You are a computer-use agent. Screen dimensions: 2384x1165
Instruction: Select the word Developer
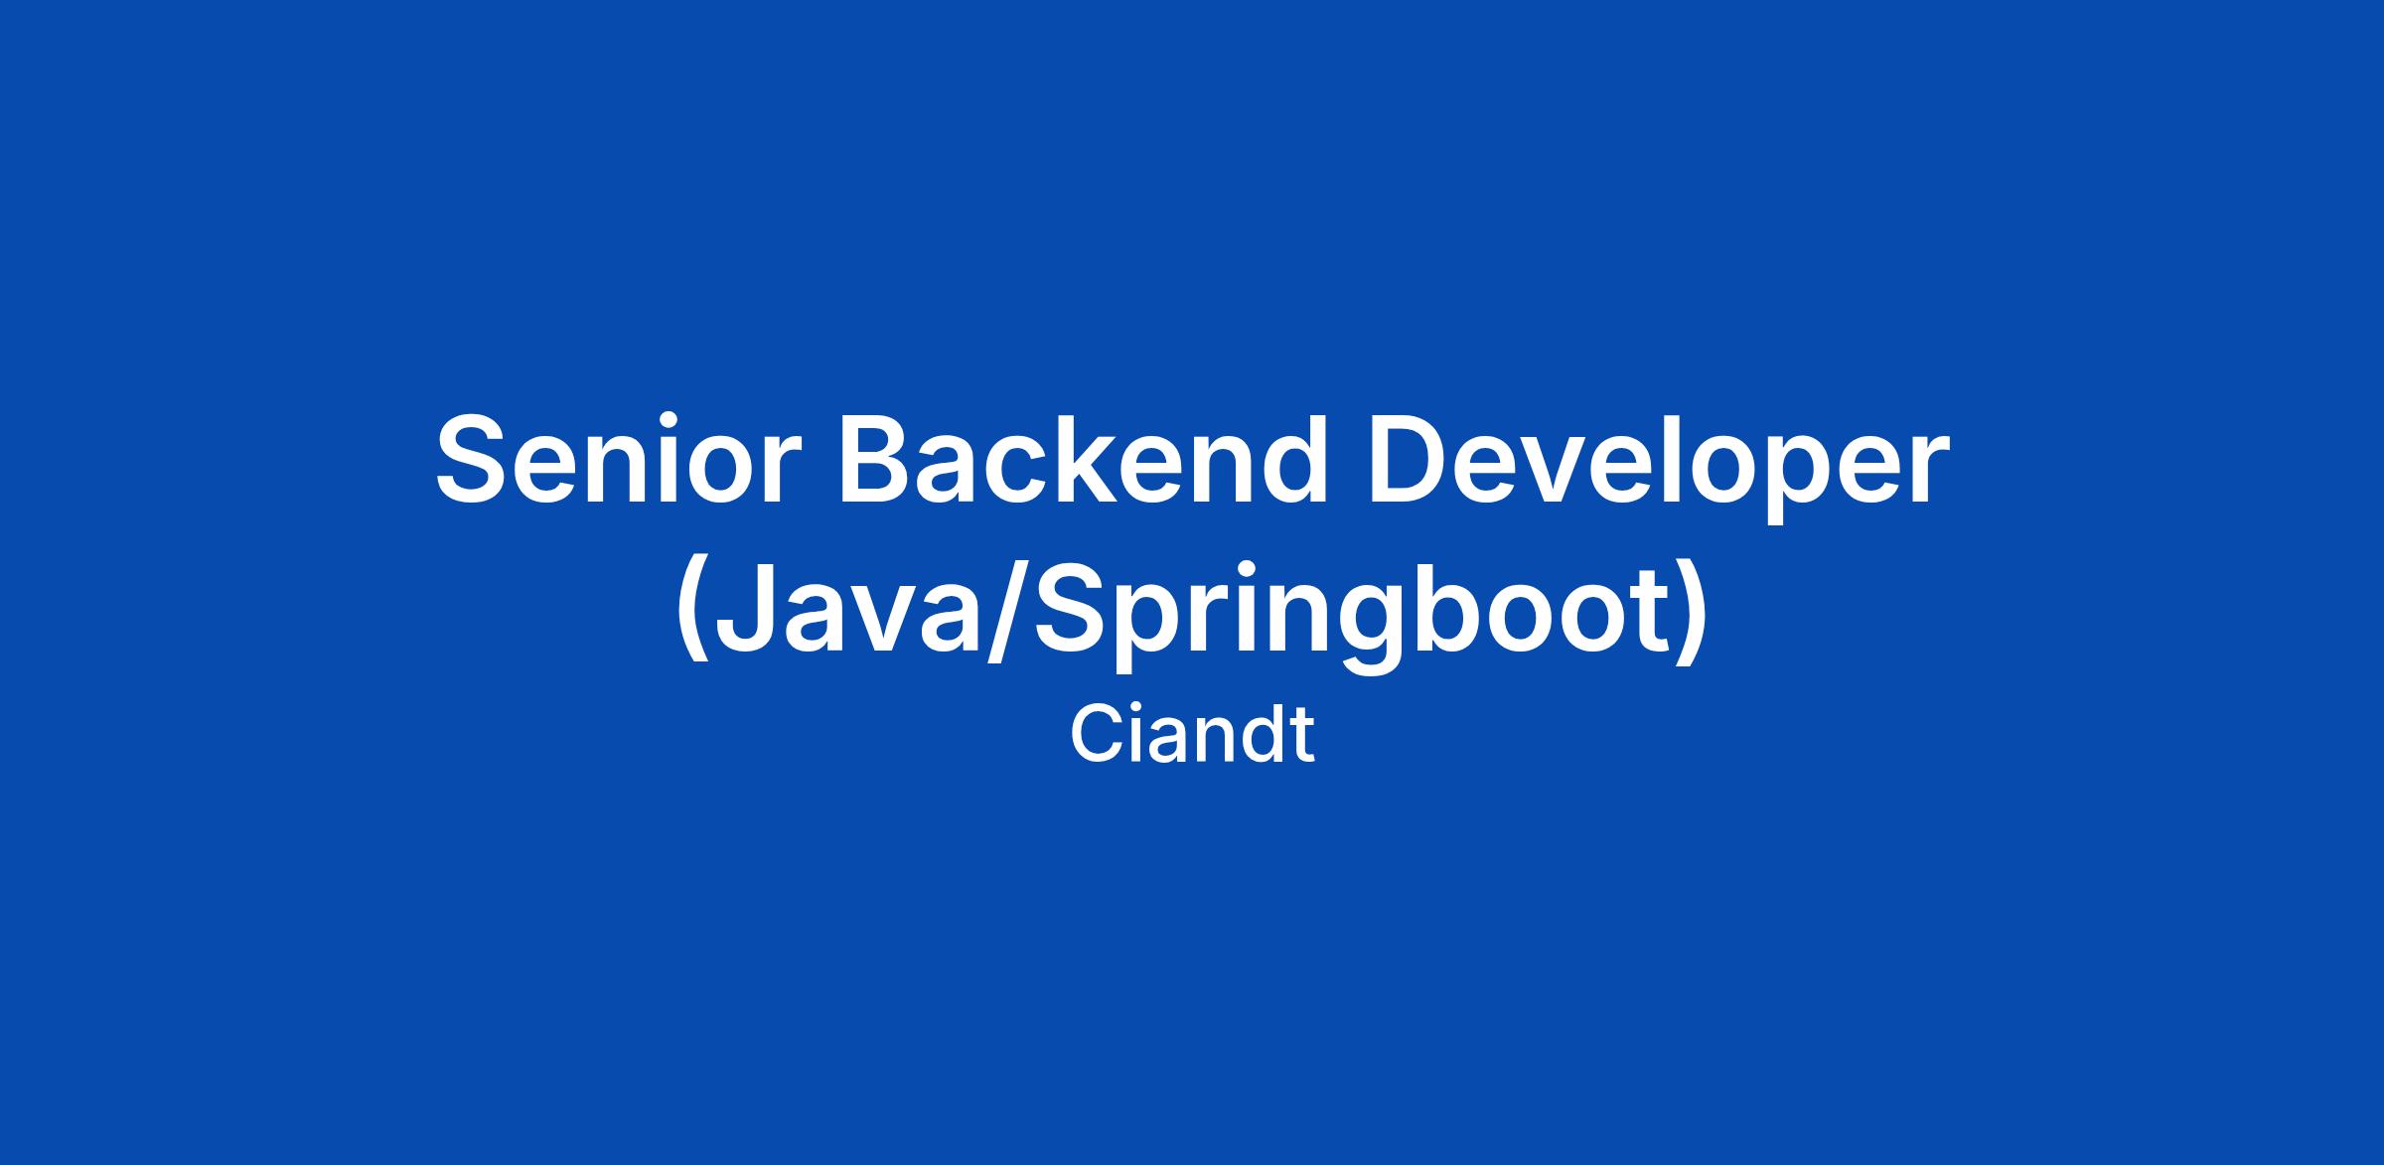click(x=1658, y=468)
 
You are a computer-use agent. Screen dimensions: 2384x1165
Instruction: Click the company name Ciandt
click(x=1192, y=735)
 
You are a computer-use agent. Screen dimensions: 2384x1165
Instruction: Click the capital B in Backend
click(x=879, y=459)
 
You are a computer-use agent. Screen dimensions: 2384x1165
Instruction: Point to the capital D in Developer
click(x=1411, y=459)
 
